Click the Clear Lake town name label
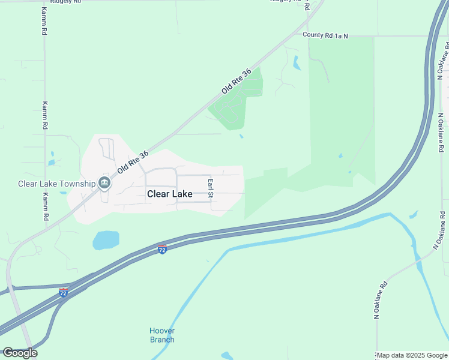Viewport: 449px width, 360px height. click(x=170, y=194)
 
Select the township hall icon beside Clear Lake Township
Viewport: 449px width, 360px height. click(x=104, y=182)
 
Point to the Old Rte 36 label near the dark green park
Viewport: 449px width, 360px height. click(x=236, y=81)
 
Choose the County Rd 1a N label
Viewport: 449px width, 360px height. click(x=325, y=36)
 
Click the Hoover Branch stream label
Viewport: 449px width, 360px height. click(x=162, y=335)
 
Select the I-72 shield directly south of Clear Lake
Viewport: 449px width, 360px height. click(x=162, y=248)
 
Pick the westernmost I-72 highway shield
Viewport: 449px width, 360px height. click(x=64, y=292)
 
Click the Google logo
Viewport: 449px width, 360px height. click(x=20, y=353)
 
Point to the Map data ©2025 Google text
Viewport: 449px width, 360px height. click(x=412, y=355)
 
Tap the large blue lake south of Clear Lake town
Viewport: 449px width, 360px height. click(x=106, y=241)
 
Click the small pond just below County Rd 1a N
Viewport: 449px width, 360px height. click(x=297, y=62)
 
